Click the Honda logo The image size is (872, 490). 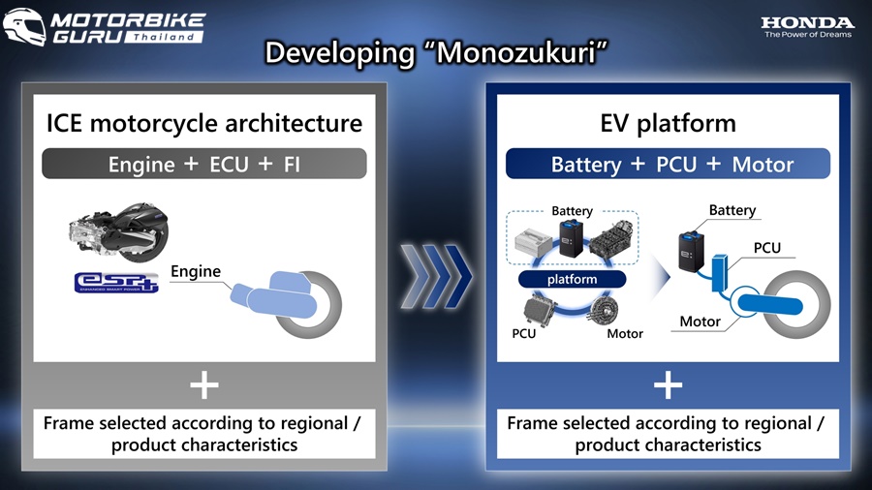tap(807, 27)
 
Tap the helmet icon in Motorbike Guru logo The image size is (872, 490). tap(24, 26)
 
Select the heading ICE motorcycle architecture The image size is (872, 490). tap(204, 123)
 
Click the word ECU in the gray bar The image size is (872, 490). tap(229, 165)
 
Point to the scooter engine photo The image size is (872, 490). tap(118, 231)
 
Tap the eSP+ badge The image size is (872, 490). tap(116, 282)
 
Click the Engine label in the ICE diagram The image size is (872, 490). tap(196, 272)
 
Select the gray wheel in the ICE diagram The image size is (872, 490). tap(309, 304)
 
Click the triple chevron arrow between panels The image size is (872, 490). tap(436, 276)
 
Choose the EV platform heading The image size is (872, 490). tap(668, 123)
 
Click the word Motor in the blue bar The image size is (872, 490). tap(763, 165)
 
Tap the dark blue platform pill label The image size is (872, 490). tap(572, 279)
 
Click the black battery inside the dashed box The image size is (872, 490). tap(571, 238)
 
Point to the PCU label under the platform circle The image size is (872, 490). tap(524, 333)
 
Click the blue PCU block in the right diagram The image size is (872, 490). tap(720, 273)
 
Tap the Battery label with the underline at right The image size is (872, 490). tap(732, 210)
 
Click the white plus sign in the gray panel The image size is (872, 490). tap(204, 385)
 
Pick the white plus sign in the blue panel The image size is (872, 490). tap(668, 385)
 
